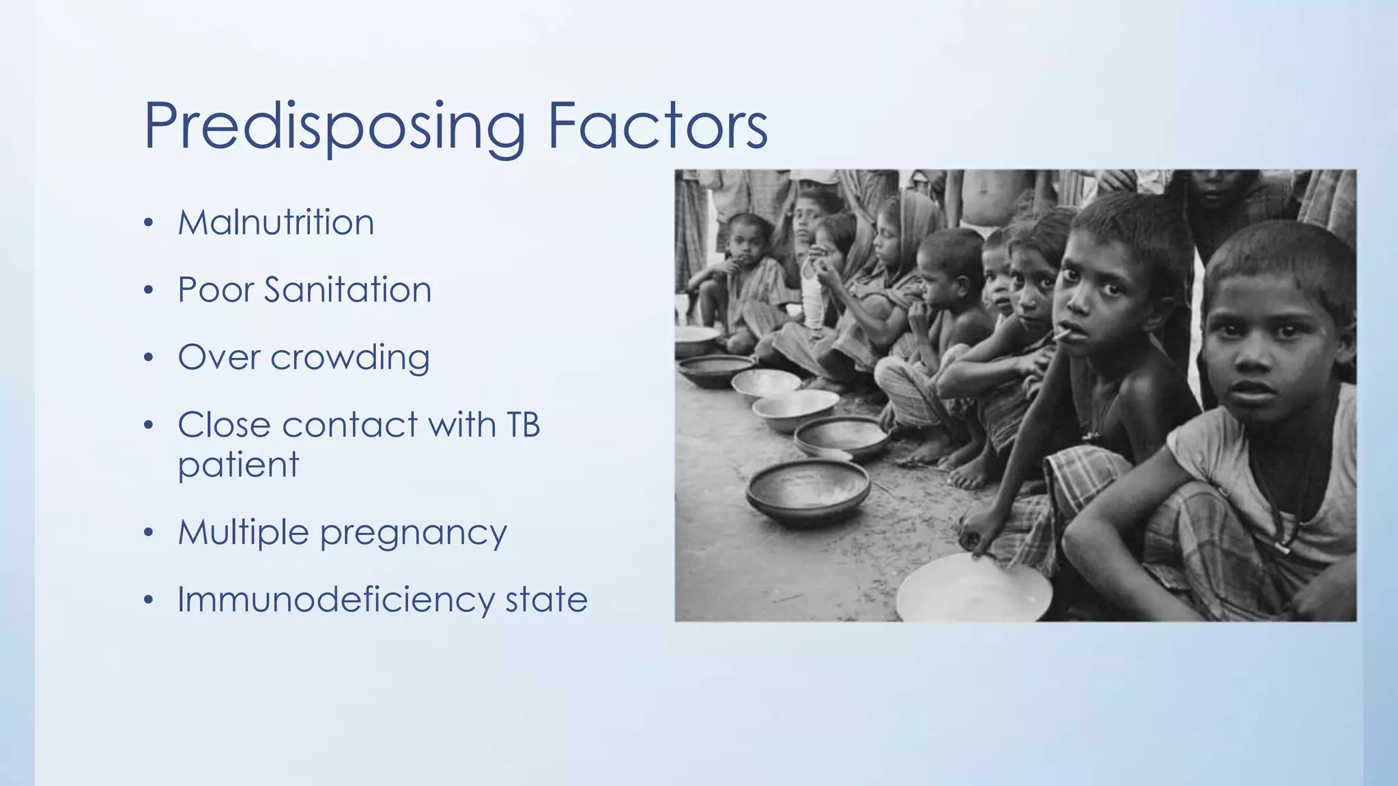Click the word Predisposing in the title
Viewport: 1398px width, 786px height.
point(334,127)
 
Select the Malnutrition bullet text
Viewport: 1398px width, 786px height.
point(276,222)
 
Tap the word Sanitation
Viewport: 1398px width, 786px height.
point(347,290)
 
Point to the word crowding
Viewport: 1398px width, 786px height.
point(349,358)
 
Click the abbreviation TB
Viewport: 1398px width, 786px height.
point(523,425)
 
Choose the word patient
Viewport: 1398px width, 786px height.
point(238,466)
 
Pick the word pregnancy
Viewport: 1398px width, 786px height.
point(414,534)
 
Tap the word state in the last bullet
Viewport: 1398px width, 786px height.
point(546,600)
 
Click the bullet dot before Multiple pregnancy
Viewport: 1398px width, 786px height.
point(149,532)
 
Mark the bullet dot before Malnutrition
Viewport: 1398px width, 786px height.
point(149,223)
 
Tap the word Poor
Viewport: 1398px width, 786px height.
point(215,290)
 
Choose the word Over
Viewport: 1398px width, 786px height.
point(218,358)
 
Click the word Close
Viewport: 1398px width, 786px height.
point(224,425)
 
